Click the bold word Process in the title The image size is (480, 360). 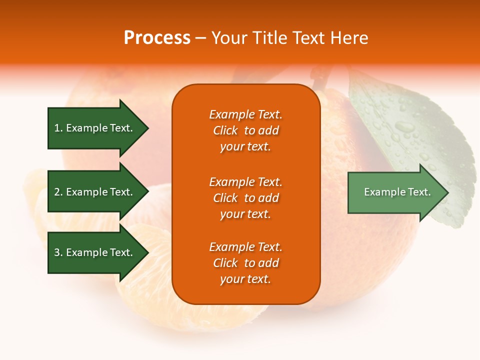(157, 38)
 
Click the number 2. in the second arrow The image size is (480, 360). (58, 192)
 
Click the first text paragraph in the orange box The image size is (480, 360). (245, 130)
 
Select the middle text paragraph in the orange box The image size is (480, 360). (245, 198)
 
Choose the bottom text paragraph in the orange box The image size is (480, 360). (245, 263)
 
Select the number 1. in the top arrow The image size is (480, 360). (58, 128)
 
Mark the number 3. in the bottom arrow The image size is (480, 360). (58, 252)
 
